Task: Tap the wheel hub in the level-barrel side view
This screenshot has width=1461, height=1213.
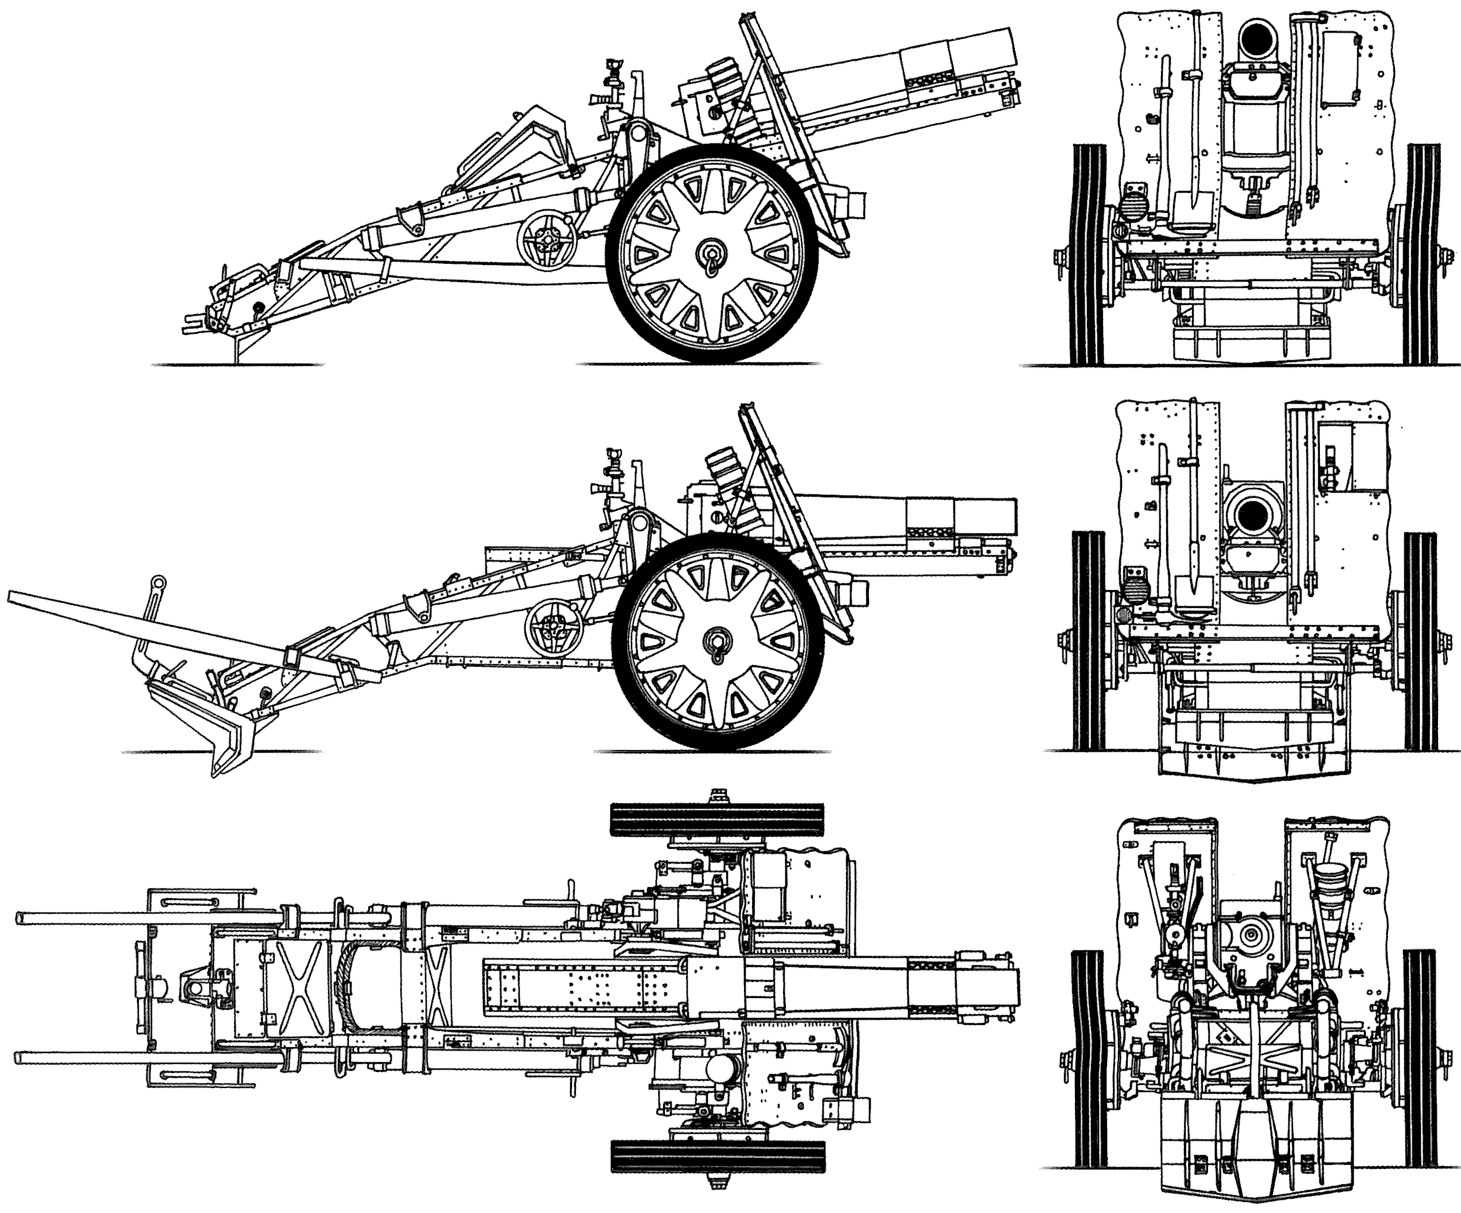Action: click(716, 640)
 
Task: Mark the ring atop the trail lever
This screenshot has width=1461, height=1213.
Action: click(159, 582)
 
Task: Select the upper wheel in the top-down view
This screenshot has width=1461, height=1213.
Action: click(716, 820)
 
